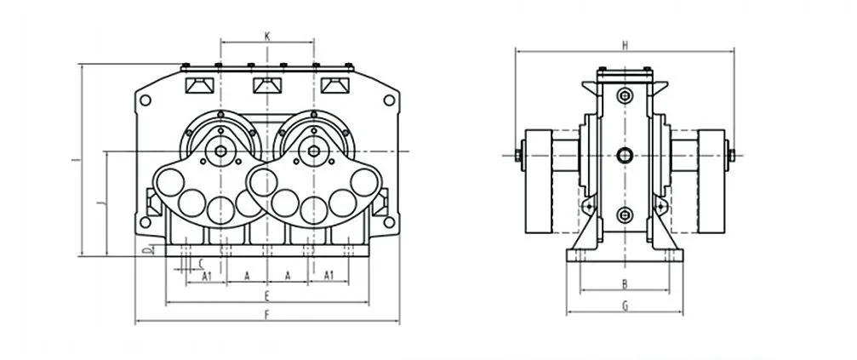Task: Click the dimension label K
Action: pyautogui.click(x=267, y=37)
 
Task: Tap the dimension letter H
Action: pyautogui.click(x=625, y=46)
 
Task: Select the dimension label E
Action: pyautogui.click(x=266, y=296)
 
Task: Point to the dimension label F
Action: pyautogui.click(x=266, y=315)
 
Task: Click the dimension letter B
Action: pyautogui.click(x=625, y=283)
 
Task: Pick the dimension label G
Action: pyautogui.click(x=625, y=306)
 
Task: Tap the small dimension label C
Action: pyautogui.click(x=201, y=263)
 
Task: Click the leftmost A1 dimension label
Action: pyautogui.click(x=207, y=276)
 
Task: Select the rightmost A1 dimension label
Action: pyautogui.click(x=329, y=276)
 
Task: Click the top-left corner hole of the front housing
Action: pyautogui.click(x=146, y=100)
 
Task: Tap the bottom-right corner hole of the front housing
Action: pyautogui.click(x=389, y=222)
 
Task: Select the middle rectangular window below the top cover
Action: pyautogui.click(x=267, y=86)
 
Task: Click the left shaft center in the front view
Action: pyautogui.click(x=220, y=151)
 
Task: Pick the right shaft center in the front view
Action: pyautogui.click(x=314, y=151)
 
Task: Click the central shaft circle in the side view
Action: pyautogui.click(x=625, y=156)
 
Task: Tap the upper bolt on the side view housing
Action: pyautogui.click(x=625, y=96)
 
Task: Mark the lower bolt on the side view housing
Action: pyautogui.click(x=625, y=214)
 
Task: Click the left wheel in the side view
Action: pyautogui.click(x=539, y=181)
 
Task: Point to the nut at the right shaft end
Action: pyautogui.click(x=731, y=155)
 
